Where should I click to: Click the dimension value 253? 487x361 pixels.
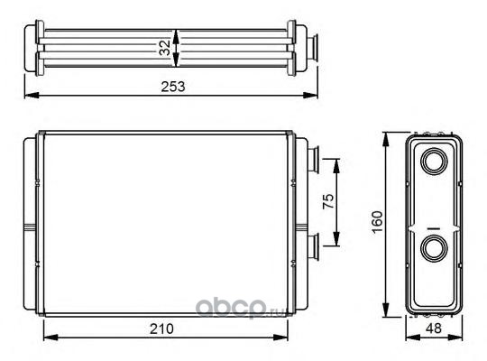[173, 87]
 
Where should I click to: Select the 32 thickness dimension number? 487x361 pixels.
[165, 47]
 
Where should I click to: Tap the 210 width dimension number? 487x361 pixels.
[161, 329]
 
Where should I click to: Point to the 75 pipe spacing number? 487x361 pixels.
[328, 201]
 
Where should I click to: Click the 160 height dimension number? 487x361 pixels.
[377, 222]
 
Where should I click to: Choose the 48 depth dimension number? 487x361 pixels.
[434, 328]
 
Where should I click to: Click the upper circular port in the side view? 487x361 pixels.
[434, 161]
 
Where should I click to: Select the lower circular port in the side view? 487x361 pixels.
[434, 249]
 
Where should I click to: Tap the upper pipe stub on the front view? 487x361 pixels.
[313, 160]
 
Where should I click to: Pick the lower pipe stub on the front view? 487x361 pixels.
[313, 247]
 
